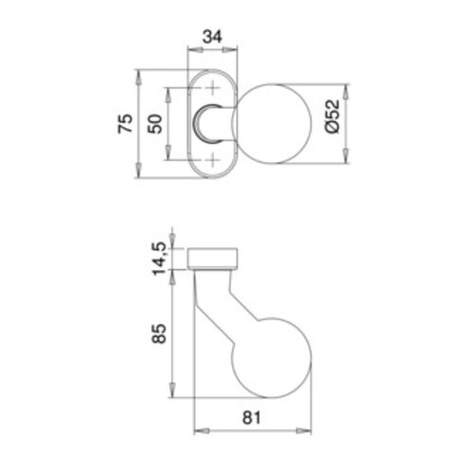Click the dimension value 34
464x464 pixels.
[x=210, y=37]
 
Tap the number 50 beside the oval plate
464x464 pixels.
[x=157, y=124]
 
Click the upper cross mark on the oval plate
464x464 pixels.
[x=211, y=90]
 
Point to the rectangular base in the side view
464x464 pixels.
[x=214, y=258]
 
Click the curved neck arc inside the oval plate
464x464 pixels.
[x=202, y=124]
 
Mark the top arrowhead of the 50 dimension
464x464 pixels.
[x=170, y=93]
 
